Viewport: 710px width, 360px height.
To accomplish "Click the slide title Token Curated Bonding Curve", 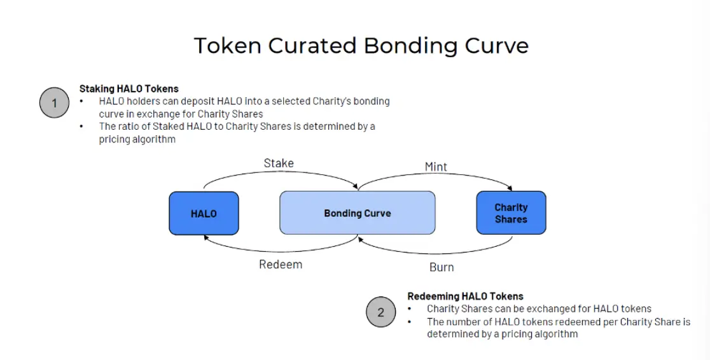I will click(x=361, y=46).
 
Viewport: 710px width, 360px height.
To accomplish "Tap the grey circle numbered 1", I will click(x=54, y=103).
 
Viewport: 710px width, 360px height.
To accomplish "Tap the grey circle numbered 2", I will click(x=380, y=312).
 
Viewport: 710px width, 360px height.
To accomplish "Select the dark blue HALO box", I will click(x=204, y=213).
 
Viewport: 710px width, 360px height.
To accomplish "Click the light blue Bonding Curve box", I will click(x=357, y=213).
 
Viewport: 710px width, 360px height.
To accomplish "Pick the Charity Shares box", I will click(x=511, y=213).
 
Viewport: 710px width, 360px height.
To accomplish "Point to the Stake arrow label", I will click(x=279, y=163).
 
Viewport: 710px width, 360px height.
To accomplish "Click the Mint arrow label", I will click(x=436, y=167).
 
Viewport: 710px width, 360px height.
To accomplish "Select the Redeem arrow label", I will click(x=281, y=264).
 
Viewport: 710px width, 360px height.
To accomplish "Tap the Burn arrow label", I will click(x=442, y=267).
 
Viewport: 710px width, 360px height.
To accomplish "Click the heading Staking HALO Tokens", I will click(x=129, y=89).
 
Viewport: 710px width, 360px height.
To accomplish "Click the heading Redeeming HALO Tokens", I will click(x=465, y=296).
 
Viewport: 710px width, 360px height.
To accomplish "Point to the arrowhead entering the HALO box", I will click(x=205, y=237).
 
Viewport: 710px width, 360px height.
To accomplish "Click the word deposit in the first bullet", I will click(x=198, y=101).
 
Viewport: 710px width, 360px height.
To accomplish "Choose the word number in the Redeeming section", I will click(x=465, y=321).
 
